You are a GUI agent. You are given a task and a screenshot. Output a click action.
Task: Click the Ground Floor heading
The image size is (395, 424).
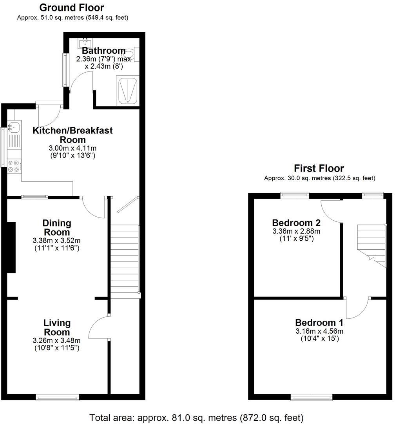[x=72, y=7]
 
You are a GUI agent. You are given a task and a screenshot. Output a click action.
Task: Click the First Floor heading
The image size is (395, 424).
[x=319, y=168]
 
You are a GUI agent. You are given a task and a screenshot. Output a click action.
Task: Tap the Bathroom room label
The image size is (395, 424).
[x=103, y=51]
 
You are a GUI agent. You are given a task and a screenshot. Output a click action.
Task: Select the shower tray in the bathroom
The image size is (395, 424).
[x=127, y=91]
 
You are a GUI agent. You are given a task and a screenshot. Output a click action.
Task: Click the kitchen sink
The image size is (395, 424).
[x=14, y=128]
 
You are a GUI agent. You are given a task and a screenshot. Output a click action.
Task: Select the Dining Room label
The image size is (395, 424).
[x=57, y=228]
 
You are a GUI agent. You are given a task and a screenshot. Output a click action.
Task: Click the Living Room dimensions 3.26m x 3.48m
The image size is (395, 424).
[x=57, y=340]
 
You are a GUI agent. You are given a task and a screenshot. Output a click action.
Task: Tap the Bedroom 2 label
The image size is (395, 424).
[x=296, y=223]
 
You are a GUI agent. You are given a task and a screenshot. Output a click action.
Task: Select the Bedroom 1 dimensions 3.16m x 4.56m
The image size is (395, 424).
[x=319, y=331]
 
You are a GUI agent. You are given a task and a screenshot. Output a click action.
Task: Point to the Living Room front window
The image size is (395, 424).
[x=57, y=397]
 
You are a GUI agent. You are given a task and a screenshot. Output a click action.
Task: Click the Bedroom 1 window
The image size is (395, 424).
[x=312, y=397]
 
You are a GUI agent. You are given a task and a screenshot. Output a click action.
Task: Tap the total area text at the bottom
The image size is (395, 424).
[x=196, y=417]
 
